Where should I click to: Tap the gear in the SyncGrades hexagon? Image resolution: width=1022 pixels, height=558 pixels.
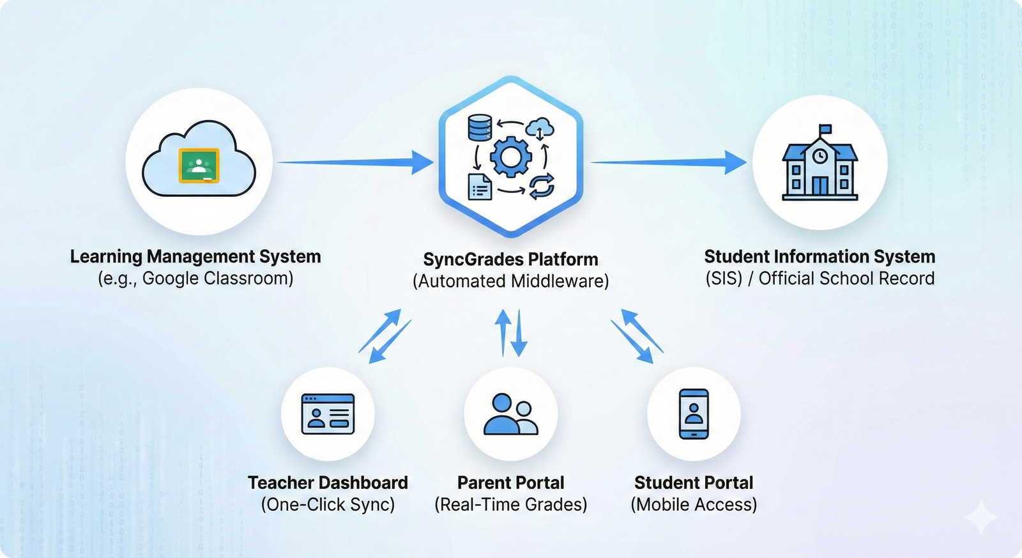510,156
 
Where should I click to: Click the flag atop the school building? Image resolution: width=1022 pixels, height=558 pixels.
825,130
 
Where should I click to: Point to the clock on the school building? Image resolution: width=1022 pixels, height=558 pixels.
820,155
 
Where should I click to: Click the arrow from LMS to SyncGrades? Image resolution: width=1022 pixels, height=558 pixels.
355,162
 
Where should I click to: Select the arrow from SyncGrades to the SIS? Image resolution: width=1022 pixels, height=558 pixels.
667,162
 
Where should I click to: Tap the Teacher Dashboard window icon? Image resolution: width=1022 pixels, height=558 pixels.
328,414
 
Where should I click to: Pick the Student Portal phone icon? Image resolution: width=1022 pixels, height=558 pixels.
694,414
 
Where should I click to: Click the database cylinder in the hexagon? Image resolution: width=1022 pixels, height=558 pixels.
480,127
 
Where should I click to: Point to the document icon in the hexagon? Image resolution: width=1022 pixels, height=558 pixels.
480,186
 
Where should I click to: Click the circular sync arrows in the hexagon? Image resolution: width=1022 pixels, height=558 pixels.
540,186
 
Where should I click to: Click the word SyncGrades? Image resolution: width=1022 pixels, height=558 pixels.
473,260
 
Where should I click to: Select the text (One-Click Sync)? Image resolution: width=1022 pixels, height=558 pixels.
328,504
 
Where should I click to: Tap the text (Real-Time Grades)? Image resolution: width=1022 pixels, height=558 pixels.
510,504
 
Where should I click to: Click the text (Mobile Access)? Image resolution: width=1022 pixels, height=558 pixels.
694,504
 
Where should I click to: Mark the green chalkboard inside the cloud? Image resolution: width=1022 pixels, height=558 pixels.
199,166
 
